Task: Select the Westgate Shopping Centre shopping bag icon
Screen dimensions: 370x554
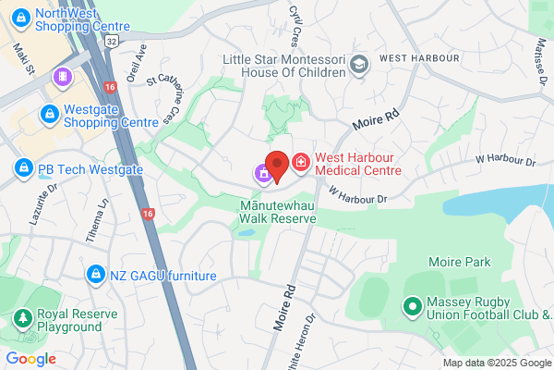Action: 48,114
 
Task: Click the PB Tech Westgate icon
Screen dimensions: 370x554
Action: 23,169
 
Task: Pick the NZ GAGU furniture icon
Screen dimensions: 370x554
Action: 94,275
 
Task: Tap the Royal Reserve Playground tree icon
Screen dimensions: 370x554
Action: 21,320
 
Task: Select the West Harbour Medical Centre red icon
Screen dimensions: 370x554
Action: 300,165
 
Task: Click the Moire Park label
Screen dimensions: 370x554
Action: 464,263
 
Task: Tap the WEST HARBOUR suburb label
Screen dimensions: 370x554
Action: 418,58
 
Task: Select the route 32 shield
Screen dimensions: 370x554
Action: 110,42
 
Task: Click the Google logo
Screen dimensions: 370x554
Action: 30,359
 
